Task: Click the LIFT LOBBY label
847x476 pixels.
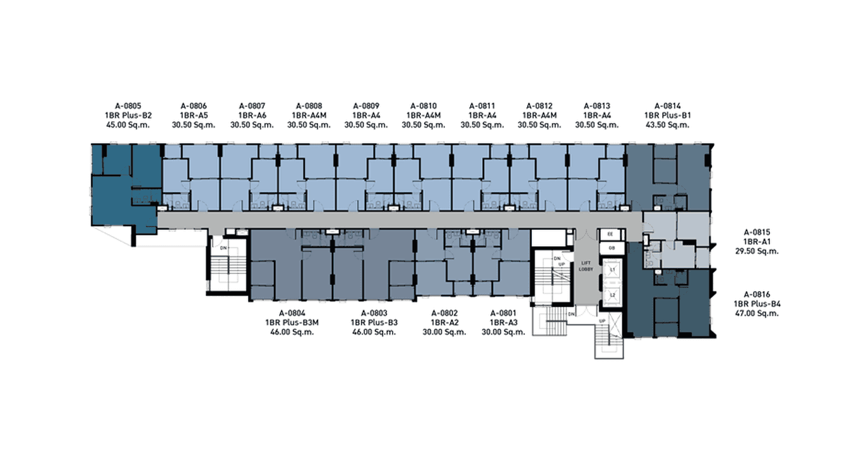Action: coord(586,266)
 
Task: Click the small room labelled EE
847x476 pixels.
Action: coord(610,234)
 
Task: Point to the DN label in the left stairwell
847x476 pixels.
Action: coord(223,248)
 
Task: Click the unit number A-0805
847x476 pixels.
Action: coord(128,106)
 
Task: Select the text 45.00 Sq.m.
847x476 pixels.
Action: coord(128,125)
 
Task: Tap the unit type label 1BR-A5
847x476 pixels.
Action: coord(194,116)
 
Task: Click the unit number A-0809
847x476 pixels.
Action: coord(366,106)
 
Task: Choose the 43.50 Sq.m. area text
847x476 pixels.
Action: coord(667,125)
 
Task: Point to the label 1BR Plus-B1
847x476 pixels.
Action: coord(667,116)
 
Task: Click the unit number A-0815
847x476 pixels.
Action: coord(757,232)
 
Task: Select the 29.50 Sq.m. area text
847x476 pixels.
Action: coord(757,251)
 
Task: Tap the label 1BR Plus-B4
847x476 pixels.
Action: coord(757,304)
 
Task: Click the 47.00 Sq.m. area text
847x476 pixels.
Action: coord(757,313)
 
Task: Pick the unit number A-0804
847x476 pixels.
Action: coord(292,313)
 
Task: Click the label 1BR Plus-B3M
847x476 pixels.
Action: coord(292,323)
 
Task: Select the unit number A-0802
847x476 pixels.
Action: coord(444,313)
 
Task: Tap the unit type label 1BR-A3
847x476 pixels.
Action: coord(503,323)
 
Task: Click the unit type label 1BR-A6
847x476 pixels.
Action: coord(252,116)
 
